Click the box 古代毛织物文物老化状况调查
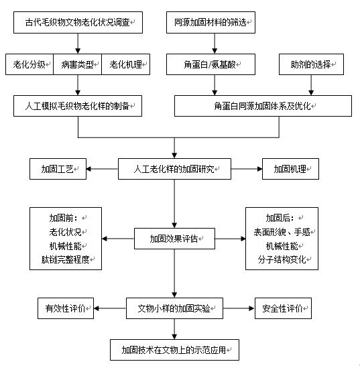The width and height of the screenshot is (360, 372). tap(78, 22)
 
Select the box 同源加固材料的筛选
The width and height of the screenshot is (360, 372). tap(211, 22)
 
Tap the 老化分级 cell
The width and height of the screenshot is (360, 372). tap(29, 64)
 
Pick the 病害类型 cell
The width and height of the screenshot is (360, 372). tap(78, 64)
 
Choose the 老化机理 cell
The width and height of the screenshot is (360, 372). tap(126, 64)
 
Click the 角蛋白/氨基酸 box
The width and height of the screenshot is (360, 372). tap(211, 64)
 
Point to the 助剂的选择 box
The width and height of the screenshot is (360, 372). tap(311, 64)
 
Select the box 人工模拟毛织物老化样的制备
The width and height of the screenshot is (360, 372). tap(78, 106)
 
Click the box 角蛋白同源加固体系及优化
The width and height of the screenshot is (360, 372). tap(263, 106)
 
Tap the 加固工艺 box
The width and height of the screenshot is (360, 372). tap(58, 169)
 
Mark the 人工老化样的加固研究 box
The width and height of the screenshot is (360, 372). tap(174, 169)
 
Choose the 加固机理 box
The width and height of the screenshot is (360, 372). tap(290, 169)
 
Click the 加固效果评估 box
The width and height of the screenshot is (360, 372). tap(174, 239)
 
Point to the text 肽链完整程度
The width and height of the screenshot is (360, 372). tap(65, 259)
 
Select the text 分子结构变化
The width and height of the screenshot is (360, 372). tap(282, 259)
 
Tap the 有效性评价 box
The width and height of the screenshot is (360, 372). tap(66, 308)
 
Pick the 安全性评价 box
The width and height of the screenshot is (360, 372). tap(283, 308)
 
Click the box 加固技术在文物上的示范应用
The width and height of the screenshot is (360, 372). tap(174, 350)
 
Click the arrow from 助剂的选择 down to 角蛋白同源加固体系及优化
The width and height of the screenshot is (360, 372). tap(311, 85)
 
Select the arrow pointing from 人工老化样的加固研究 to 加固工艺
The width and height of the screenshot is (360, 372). tap(103, 169)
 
